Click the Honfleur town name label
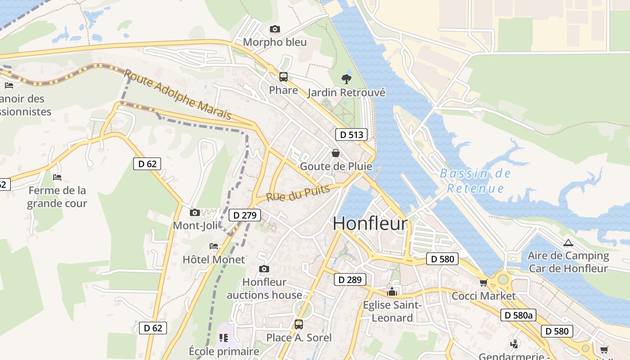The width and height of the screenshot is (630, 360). [x=370, y=224]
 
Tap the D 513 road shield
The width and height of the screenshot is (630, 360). [x=351, y=135]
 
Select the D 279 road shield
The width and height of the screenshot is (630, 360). [x=245, y=215]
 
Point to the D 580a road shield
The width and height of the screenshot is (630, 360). [x=518, y=315]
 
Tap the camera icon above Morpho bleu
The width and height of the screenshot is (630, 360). [x=274, y=29]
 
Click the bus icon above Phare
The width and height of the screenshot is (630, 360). [x=283, y=77]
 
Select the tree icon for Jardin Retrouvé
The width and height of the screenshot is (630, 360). [x=346, y=79]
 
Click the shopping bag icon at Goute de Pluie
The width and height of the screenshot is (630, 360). [x=336, y=153]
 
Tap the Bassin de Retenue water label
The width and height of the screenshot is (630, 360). [x=475, y=180]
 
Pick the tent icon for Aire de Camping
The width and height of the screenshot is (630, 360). [x=568, y=243]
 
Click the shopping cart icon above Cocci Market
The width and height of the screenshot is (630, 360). [x=483, y=283]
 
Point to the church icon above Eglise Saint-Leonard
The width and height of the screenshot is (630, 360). [x=392, y=292]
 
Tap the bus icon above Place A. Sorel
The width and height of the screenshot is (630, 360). [x=298, y=324]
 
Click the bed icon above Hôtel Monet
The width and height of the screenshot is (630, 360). [x=214, y=246]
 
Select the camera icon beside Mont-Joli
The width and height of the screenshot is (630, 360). [x=195, y=212]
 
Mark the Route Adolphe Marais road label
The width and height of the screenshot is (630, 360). [x=178, y=94]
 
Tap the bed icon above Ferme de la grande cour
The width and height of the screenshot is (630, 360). [x=57, y=177]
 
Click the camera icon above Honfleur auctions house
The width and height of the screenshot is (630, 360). [x=264, y=269]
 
